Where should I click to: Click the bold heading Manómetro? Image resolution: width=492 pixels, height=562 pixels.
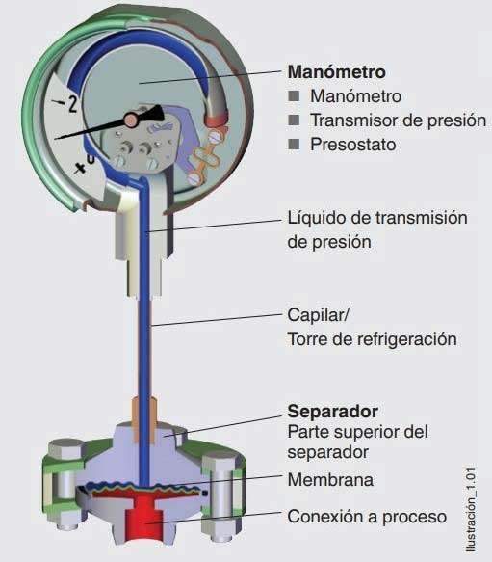337,71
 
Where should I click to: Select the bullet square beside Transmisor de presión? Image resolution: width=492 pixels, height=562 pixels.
294,120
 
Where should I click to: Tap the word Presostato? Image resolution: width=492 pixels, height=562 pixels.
353,145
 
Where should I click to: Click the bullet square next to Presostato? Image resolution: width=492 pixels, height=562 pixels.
294,145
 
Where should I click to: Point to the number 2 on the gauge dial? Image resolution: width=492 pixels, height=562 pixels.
72,104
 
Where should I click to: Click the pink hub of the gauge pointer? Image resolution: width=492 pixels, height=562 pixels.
131,119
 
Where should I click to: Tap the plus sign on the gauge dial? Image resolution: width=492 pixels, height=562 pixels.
80,168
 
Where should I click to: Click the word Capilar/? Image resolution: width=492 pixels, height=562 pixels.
318,315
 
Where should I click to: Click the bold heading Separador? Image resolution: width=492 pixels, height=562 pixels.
333,411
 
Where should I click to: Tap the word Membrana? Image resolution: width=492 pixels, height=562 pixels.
330,479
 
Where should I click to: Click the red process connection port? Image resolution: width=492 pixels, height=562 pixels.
144,517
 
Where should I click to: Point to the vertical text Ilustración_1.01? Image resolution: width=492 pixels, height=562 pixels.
471,510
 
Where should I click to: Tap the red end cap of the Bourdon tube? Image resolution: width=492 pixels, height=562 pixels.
216,120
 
